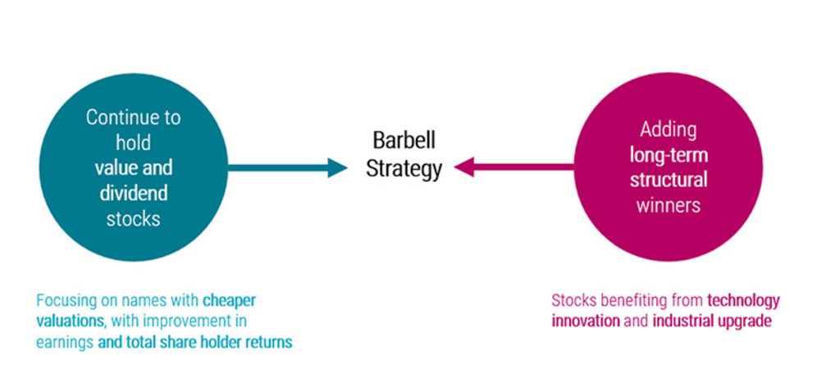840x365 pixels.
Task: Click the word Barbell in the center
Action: (404, 141)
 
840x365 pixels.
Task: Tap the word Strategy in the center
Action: (404, 169)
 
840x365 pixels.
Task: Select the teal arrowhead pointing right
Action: (337, 168)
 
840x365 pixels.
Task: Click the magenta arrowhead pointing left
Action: (464, 167)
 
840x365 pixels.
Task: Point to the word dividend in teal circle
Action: (134, 193)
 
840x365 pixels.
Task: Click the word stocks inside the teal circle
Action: (134, 219)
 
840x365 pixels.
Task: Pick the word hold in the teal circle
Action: (134, 143)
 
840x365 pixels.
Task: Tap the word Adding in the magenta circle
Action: (669, 130)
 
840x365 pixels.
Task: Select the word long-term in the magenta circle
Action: (669, 156)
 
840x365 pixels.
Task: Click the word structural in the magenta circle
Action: (669, 180)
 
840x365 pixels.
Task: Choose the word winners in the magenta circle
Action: (669, 205)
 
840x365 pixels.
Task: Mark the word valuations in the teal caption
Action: (70, 322)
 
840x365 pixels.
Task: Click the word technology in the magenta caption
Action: (743, 301)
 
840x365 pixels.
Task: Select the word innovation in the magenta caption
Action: (586, 322)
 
